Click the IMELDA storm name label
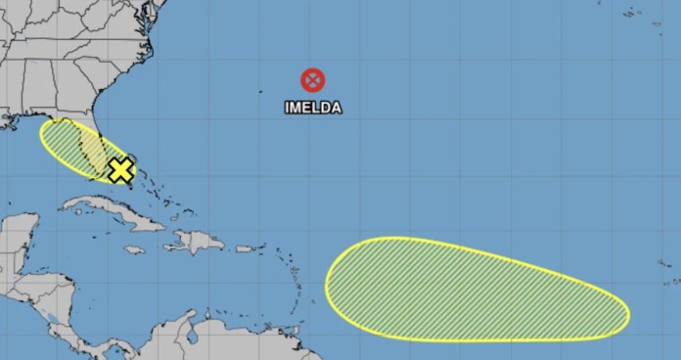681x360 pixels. (x=313, y=109)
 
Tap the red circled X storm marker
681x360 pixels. (x=313, y=80)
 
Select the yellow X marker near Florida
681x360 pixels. (x=120, y=170)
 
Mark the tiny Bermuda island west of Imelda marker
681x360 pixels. (x=261, y=93)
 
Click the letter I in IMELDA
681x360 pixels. (x=286, y=109)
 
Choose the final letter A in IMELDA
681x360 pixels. (x=337, y=109)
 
